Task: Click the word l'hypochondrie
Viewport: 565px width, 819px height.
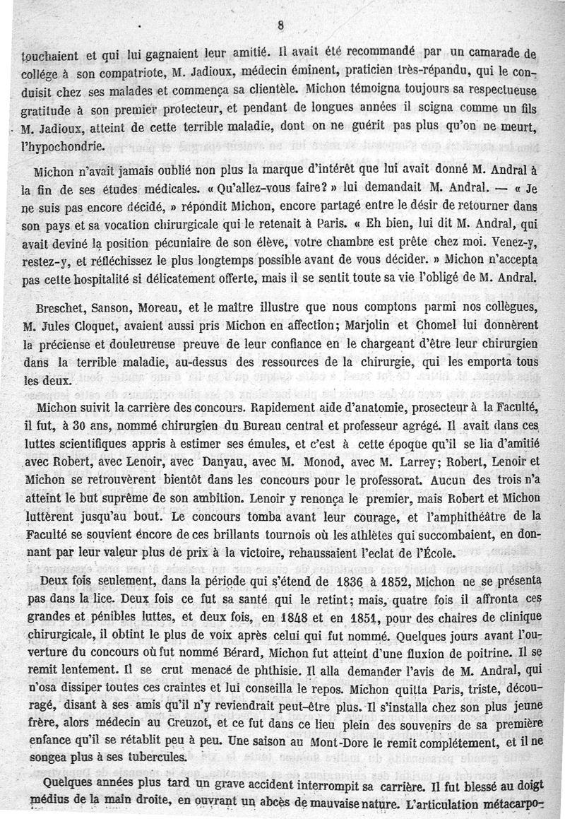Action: tap(56, 147)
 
